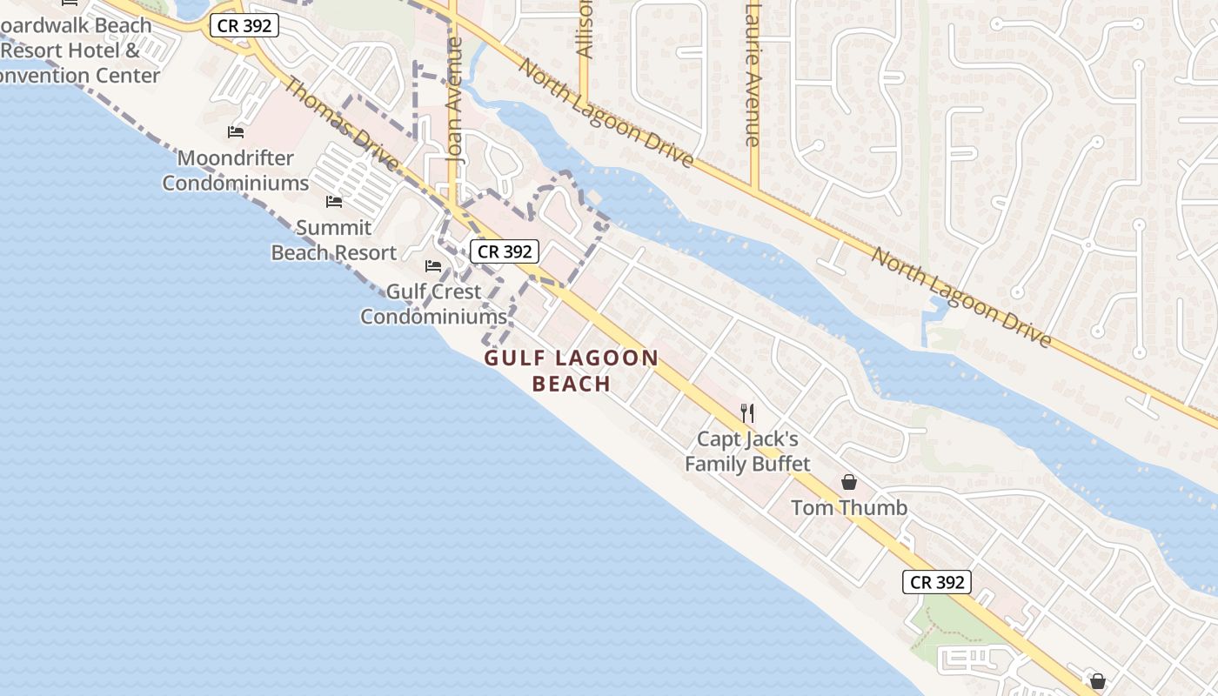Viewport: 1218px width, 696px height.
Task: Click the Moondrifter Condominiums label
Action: point(235,171)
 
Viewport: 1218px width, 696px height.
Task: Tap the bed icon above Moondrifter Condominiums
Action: point(236,132)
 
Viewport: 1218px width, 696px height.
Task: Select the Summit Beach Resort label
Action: point(334,240)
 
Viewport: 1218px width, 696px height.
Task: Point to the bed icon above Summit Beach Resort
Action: point(334,202)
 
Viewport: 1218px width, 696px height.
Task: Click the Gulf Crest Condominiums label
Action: point(433,304)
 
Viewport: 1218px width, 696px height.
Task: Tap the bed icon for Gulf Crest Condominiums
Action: point(433,265)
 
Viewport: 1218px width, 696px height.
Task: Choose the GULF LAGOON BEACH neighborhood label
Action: point(572,371)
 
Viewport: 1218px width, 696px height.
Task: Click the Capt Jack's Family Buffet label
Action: point(747,452)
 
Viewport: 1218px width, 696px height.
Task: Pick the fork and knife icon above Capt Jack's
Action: point(747,412)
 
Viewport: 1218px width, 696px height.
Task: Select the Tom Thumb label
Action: point(849,507)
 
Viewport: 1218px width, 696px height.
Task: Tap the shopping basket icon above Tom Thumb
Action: point(849,482)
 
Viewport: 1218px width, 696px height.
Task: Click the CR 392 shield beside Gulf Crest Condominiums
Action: point(505,251)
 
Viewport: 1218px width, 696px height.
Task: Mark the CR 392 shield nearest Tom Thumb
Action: point(936,582)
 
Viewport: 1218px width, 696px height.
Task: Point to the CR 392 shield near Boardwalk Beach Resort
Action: point(244,26)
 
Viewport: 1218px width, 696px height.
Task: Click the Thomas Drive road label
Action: point(342,124)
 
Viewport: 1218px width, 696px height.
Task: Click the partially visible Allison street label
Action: point(585,30)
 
